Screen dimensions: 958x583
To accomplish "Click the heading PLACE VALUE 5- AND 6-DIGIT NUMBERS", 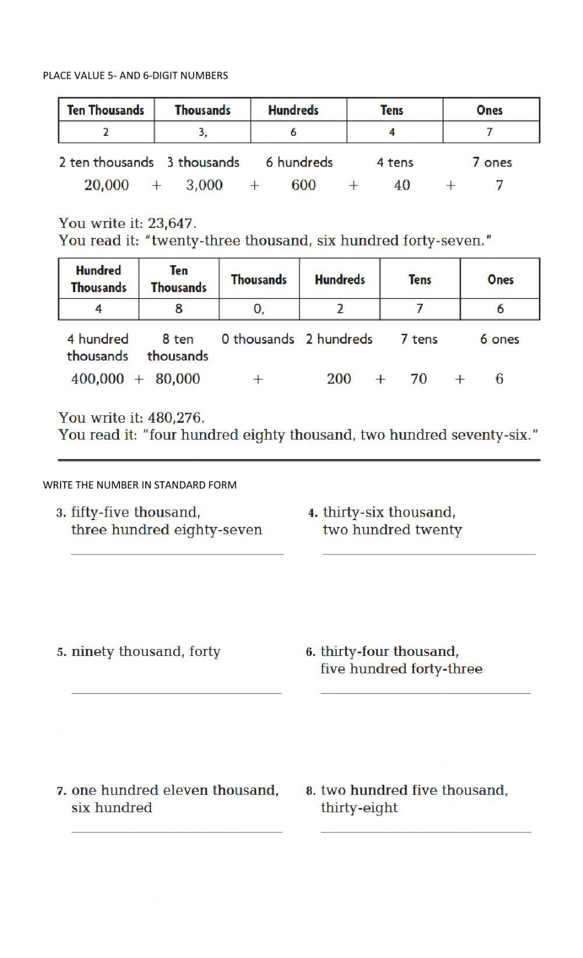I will coord(135,75).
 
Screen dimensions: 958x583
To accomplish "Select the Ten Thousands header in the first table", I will coord(106,110).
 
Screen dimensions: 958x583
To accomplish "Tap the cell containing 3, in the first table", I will coord(202,132).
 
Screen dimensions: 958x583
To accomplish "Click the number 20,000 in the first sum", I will coord(106,185).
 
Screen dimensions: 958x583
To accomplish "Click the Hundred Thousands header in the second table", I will coord(99,279).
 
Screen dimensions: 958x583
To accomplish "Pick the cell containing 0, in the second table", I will coord(259,309).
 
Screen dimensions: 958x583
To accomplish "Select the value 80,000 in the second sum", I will coord(177,379).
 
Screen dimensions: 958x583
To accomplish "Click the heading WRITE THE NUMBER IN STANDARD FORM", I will coord(139,485).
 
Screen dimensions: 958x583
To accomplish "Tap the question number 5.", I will coord(62,652).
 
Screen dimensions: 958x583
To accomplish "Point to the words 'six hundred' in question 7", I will coord(111,808).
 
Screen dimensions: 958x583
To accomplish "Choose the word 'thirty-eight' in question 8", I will coord(359,808).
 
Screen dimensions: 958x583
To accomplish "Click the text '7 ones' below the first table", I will coord(491,163).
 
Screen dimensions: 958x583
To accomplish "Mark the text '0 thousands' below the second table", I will coord(258,339).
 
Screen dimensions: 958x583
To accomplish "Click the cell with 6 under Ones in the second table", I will coord(500,309).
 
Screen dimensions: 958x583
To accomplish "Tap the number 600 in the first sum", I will coord(303,185).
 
